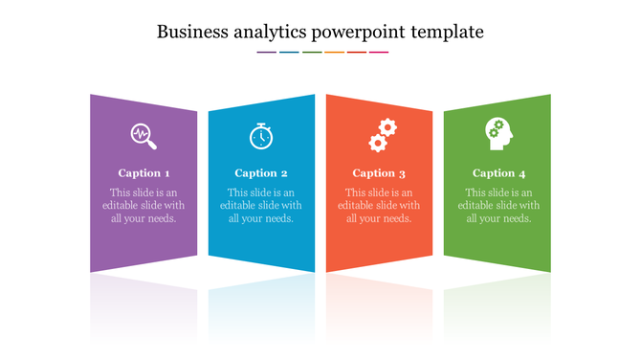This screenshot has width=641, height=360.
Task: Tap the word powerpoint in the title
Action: (x=358, y=33)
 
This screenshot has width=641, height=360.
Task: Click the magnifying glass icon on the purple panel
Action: (x=144, y=136)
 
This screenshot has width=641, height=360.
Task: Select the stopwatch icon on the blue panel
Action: (x=261, y=136)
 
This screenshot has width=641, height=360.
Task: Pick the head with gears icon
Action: (x=498, y=133)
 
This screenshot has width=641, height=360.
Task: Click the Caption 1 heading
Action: (x=144, y=173)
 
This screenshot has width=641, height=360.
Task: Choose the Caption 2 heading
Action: (x=261, y=173)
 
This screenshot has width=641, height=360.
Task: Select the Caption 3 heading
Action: (x=379, y=173)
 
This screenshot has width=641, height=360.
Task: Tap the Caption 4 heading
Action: (x=498, y=173)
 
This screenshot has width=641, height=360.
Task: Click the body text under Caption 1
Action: (x=144, y=205)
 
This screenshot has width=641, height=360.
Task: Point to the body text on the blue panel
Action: (x=261, y=205)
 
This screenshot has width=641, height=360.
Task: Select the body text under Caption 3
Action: (x=379, y=205)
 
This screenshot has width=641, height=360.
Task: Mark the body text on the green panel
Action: (x=498, y=205)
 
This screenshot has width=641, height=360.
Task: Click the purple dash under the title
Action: (x=267, y=53)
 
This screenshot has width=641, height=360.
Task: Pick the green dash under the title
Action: (x=312, y=53)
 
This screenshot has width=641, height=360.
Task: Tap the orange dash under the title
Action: (x=334, y=53)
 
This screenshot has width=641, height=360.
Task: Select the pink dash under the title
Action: (x=379, y=53)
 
